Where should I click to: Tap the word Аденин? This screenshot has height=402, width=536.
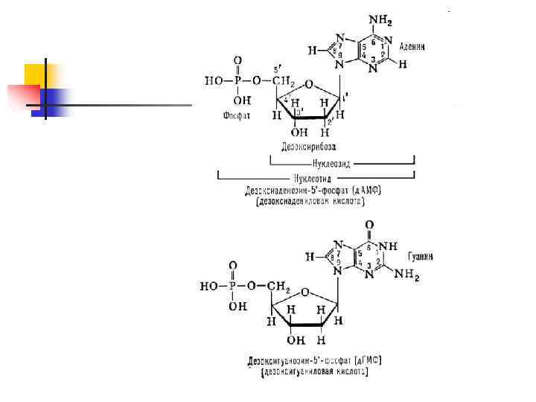(412, 47)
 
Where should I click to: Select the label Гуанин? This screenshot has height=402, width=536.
(421, 256)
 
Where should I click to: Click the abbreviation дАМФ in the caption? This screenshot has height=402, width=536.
(368, 191)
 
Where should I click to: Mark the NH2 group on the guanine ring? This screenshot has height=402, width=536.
(407, 275)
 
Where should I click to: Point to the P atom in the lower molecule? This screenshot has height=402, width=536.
(232, 284)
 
